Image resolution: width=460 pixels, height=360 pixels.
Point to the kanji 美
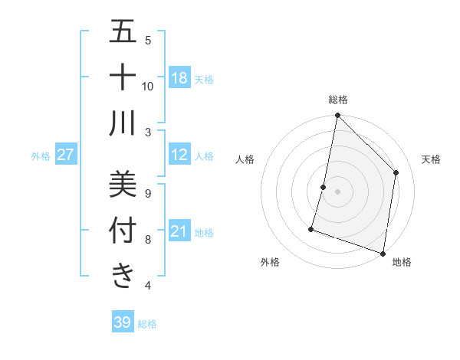(123, 184)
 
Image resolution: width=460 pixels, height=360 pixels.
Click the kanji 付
(123, 230)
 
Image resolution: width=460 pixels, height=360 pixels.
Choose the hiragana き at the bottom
(123, 276)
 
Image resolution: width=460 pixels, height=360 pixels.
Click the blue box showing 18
(179, 78)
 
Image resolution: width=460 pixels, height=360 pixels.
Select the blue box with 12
(179, 155)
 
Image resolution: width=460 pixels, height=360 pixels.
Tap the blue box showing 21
(179, 231)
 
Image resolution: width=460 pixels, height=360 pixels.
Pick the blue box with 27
(65, 155)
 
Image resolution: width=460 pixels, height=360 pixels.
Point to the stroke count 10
(148, 86)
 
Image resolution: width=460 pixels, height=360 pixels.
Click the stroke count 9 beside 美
(147, 194)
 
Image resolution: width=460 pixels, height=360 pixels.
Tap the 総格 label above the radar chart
(337, 100)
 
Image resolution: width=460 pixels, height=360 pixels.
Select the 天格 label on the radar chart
(431, 159)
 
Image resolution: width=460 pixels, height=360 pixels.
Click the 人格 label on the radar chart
(245, 159)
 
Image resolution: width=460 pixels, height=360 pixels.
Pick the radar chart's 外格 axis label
(270, 262)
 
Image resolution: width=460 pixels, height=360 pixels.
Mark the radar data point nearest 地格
(383, 253)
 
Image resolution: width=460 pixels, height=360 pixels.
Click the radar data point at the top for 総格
(337, 116)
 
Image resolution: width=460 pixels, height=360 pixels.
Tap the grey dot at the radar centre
(337, 191)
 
